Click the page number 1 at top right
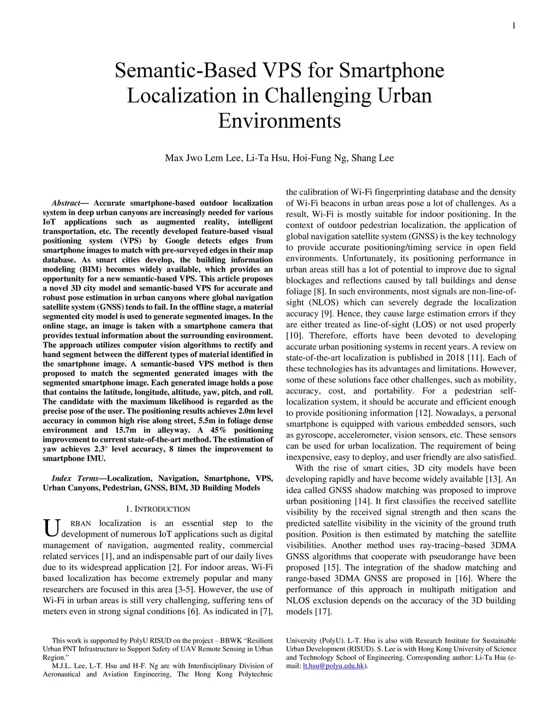(x=514, y=26)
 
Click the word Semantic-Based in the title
(x=186, y=71)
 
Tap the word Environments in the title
(x=279, y=120)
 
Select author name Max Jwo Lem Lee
(x=203, y=158)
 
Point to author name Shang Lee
(x=372, y=158)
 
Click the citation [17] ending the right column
(x=322, y=612)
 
